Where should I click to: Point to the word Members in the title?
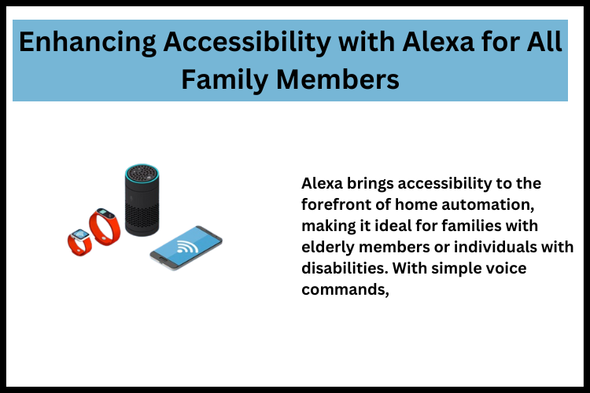343,79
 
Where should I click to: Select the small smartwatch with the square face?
79,240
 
